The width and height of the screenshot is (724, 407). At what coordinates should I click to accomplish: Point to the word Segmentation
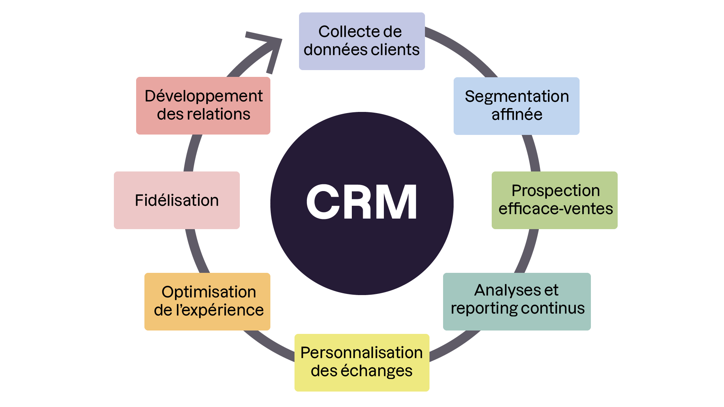(517, 96)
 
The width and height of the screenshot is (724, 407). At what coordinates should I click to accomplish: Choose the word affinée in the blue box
(517, 115)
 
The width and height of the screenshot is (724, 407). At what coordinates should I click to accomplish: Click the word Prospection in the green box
(555, 191)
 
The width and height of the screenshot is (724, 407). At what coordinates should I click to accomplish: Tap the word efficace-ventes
(555, 209)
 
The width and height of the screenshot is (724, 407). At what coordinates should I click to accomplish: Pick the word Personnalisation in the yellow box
(362, 353)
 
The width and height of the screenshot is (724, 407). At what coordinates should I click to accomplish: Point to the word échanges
(376, 371)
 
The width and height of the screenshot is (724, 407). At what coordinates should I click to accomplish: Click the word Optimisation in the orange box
(209, 292)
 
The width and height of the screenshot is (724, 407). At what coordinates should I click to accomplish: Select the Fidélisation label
(177, 200)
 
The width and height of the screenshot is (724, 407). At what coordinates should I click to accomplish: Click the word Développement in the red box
(204, 96)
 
